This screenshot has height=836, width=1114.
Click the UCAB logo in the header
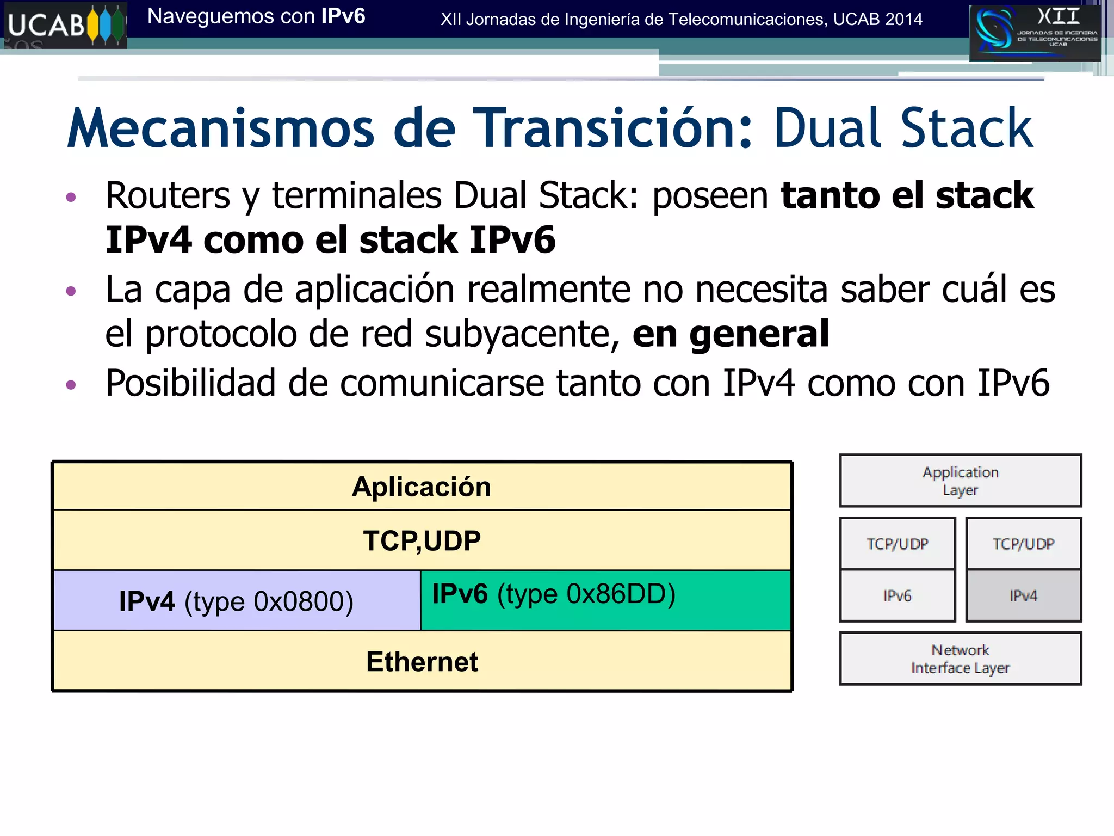pos(65,25)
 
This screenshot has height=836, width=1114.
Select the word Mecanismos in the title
pos(221,128)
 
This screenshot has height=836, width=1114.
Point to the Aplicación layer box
pos(422,487)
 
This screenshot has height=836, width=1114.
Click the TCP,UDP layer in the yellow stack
pos(422,540)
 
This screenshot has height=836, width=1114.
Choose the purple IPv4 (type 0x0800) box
pos(237,601)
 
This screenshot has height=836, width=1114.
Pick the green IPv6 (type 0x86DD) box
pos(605,600)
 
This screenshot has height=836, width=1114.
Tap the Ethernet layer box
pos(422,661)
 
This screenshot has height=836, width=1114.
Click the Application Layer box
pos(960,481)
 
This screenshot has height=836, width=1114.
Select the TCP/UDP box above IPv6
pos(898,544)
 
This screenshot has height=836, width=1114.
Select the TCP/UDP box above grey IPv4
pos(1023,544)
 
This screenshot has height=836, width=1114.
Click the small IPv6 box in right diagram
pos(898,596)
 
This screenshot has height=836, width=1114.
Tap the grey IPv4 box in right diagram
pos(1023,596)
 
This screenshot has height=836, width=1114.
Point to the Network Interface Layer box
pos(960,659)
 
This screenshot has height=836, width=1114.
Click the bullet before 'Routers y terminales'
pos(71,197)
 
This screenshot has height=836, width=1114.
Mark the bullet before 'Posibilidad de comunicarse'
pos(71,385)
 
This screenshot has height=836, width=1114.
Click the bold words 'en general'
pos(731,334)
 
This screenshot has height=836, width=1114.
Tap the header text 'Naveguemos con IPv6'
pos(256,17)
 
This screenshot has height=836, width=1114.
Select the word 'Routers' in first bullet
pos(168,195)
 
